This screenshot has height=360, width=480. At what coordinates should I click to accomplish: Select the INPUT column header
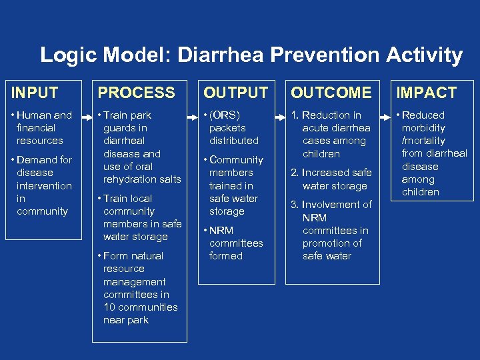click(35, 93)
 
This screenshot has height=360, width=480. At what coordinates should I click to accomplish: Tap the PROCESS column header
click(137, 93)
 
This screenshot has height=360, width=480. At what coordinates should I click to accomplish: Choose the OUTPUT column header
click(235, 93)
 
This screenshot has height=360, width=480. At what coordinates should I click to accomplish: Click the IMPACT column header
click(427, 93)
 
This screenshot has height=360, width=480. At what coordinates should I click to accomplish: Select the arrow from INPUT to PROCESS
click(84, 115)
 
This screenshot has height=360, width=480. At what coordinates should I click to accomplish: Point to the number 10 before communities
click(111, 307)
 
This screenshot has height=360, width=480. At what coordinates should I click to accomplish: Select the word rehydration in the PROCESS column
click(131, 179)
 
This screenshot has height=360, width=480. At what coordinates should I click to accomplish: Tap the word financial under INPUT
click(37, 128)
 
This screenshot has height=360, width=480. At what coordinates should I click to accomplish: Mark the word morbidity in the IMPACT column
click(423, 128)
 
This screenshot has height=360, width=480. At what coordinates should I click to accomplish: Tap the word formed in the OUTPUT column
click(226, 256)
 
